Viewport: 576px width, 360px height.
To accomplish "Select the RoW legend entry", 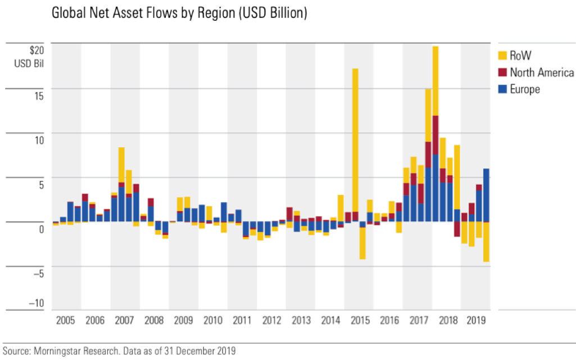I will pyautogui.click(x=520, y=55).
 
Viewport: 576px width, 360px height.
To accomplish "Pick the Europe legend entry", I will pyautogui.click(x=525, y=89).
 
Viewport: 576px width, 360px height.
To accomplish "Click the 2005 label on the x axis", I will pyautogui.click(x=66, y=321).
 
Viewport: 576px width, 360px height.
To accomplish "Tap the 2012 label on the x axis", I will pyautogui.click(x=271, y=321).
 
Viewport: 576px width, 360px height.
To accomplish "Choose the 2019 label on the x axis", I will pyautogui.click(x=476, y=321).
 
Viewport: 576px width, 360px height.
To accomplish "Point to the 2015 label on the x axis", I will pyautogui.click(x=359, y=321).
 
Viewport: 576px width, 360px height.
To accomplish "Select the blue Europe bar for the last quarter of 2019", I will pyautogui.click(x=486, y=195).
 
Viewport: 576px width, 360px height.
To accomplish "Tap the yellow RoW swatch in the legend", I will pyautogui.click(x=502, y=55).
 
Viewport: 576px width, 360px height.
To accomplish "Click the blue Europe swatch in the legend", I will pyautogui.click(x=502, y=89).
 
